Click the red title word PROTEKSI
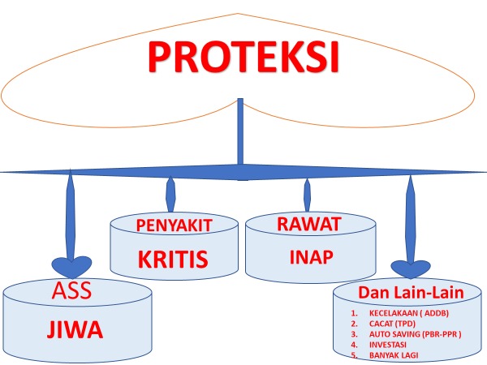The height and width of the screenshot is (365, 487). pos(243,57)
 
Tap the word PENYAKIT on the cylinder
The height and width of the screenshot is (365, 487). pos(174,225)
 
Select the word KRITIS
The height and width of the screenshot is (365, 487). pos(173,259)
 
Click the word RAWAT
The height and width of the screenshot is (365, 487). pos(309,224)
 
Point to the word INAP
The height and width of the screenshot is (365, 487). pos(312,257)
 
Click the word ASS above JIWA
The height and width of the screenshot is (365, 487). pos(71,290)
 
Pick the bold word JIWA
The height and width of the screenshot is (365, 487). pos(75,329)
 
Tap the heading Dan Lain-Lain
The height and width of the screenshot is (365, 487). pos(411,292)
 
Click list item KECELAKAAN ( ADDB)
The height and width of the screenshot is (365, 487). pos(409,313)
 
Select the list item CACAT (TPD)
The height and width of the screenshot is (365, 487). pos(392,324)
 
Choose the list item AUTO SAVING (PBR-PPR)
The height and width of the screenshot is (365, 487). pos(416,334)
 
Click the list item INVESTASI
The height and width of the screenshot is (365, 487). pos(388,345)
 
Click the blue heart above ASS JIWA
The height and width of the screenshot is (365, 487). pos(71,267)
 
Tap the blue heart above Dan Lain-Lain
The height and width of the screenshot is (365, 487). pos(411,268)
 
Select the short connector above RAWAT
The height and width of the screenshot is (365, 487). pos(307,195)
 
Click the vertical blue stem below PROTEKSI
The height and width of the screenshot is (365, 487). pos(240,131)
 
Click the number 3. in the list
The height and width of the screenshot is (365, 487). pos(355,334)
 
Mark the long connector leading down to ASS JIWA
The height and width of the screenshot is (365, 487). pos(71,214)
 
